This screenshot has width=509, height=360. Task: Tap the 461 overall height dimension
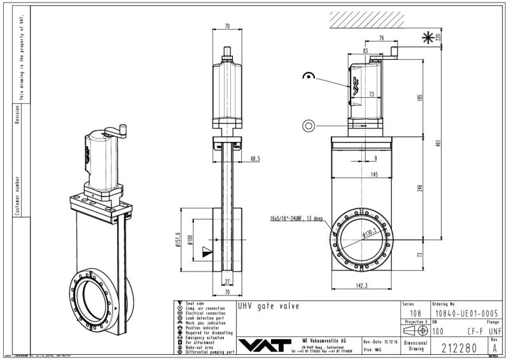[x=436, y=144]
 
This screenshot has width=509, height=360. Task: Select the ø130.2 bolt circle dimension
[x=371, y=233]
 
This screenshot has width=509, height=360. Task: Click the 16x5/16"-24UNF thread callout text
[x=296, y=218]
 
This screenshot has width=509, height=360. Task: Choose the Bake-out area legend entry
[x=200, y=347]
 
